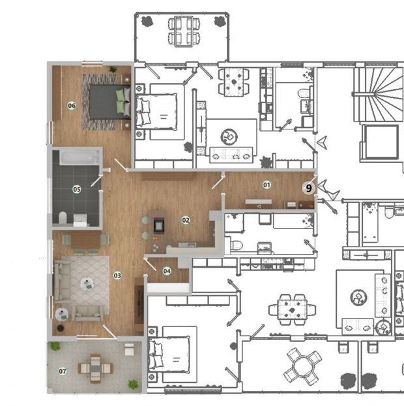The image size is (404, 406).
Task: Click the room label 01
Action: (267, 185)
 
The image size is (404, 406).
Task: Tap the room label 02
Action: (186, 220)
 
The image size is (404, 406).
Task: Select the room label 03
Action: (117, 275)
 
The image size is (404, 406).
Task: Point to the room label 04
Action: (167, 270)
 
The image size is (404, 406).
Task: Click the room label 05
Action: (77, 189)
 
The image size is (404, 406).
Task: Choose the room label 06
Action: (72, 105)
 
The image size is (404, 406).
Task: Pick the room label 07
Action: (63, 371)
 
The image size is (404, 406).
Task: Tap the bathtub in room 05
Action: (78, 157)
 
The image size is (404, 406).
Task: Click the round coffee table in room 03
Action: (86, 285)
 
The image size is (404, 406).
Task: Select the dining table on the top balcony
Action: (182, 29)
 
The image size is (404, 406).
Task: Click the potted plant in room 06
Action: (113, 69)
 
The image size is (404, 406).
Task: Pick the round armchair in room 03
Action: (62, 314)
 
